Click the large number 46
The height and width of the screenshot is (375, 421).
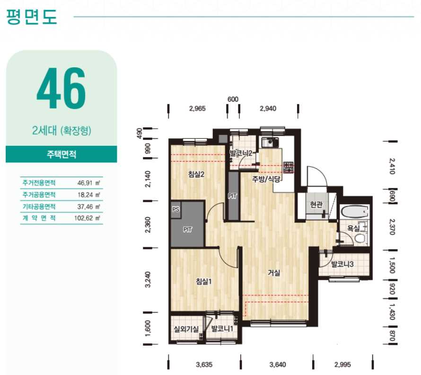point(61,88)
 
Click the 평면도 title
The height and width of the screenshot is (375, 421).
point(31,17)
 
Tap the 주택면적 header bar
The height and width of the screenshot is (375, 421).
point(61,154)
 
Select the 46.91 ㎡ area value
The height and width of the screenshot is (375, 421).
point(88,183)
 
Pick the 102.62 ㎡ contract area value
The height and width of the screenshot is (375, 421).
point(87,218)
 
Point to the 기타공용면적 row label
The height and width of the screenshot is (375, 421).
point(39,206)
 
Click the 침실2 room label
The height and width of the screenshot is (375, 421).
point(196,174)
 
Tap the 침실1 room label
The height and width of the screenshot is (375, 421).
point(203,281)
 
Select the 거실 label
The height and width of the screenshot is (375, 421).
point(274,273)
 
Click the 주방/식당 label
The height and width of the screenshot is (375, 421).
point(266,179)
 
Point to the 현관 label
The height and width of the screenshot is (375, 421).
point(316,205)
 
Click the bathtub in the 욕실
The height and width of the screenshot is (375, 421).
point(354,212)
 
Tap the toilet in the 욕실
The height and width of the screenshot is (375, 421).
point(360,238)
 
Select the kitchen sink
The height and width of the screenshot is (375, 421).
point(269,143)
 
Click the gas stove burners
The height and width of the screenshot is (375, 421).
point(289,167)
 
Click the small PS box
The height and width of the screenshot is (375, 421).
point(176,209)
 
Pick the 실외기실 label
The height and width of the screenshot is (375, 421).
point(186,329)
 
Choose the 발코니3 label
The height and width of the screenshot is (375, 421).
point(342,264)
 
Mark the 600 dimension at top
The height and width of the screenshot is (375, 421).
point(233,99)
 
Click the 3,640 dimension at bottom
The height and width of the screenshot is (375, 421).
point(278,365)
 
